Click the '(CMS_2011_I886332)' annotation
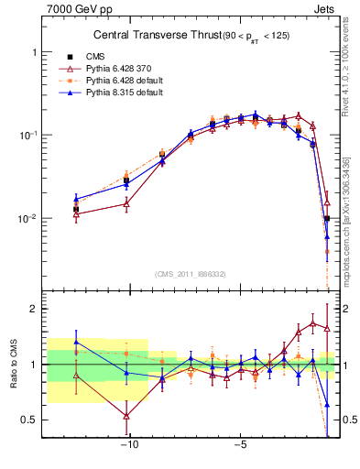191,274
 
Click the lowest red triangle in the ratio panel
126,416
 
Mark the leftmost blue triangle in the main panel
76,198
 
